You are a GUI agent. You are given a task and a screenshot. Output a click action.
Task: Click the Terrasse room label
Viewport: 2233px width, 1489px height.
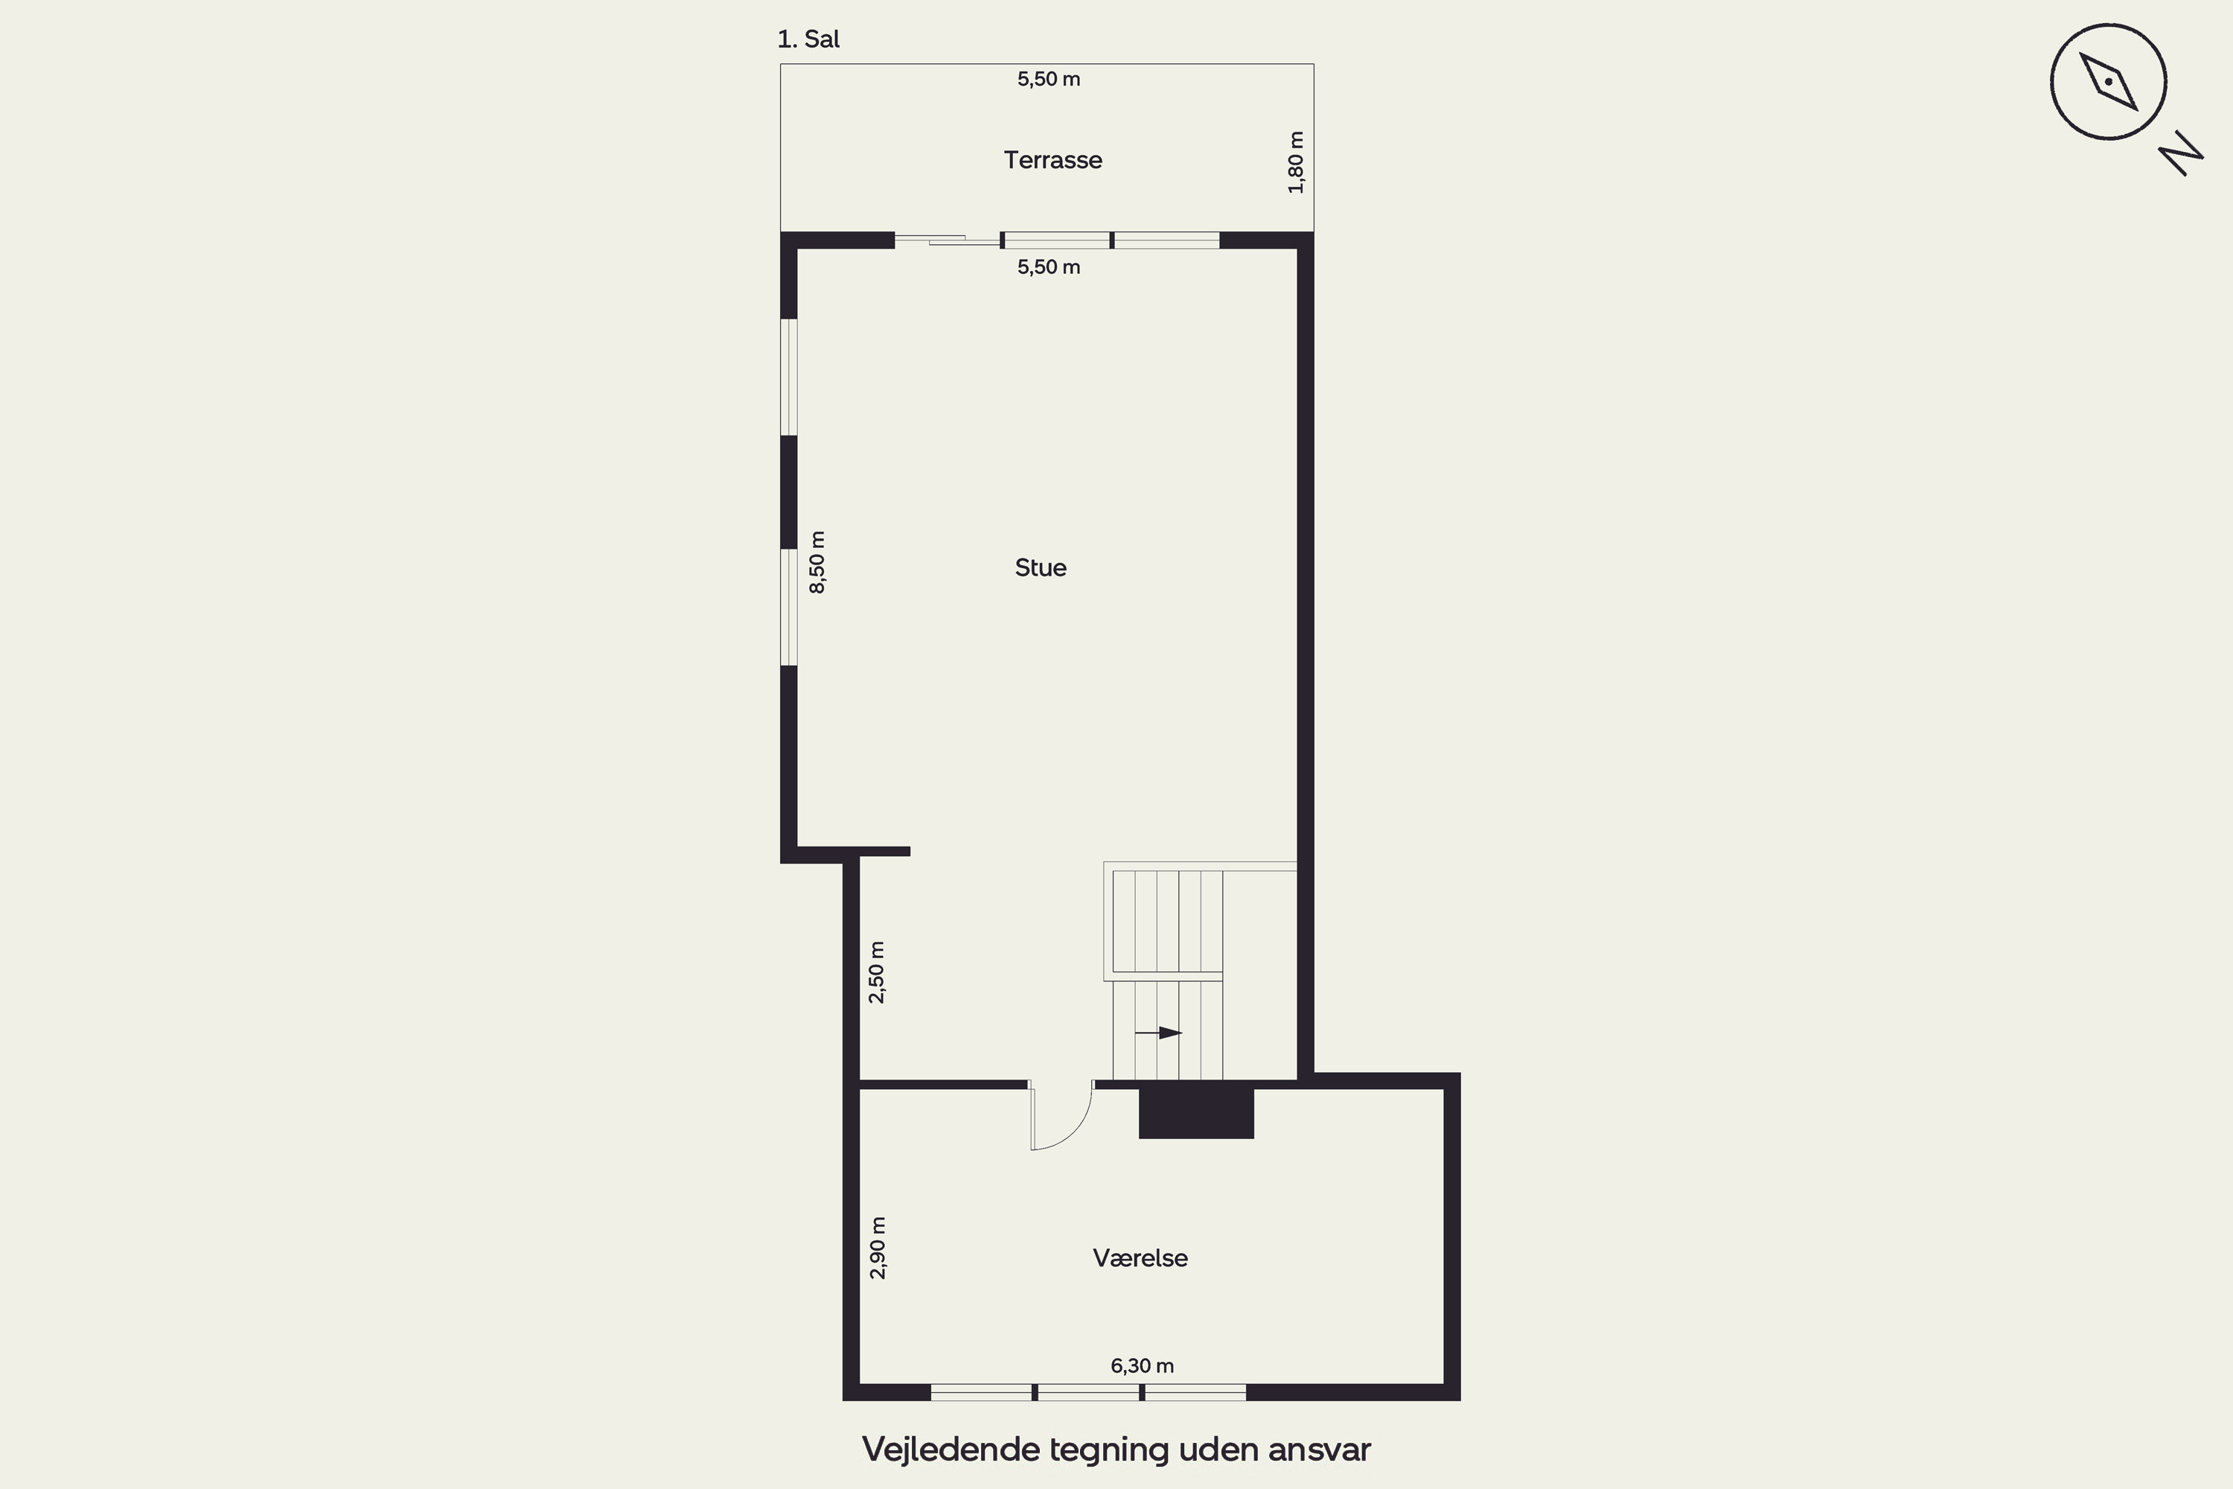[x=1053, y=159]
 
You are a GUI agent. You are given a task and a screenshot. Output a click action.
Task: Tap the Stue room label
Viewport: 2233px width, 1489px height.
[x=1041, y=568]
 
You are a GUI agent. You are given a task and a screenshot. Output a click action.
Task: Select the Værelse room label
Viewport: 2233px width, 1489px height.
[x=1140, y=1258]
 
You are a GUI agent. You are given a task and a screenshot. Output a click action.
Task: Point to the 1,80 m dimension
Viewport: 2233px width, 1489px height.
[x=1296, y=162]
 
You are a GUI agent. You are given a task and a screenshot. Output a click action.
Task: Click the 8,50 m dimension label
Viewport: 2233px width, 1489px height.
[x=817, y=562]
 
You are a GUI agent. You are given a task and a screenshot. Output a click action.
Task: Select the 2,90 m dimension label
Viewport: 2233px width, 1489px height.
[x=878, y=1248]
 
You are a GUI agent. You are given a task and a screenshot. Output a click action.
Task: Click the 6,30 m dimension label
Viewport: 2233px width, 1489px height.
[x=1142, y=1365]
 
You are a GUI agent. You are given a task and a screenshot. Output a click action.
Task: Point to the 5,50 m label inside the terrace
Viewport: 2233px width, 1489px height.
[x=1049, y=79]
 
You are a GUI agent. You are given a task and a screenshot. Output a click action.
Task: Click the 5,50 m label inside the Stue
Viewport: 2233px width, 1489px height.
[x=1049, y=267]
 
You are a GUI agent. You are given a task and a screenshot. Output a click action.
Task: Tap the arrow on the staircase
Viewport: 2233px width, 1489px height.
[x=1158, y=1032]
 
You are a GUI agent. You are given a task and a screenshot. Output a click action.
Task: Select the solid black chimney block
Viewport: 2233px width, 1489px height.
[x=1196, y=1113]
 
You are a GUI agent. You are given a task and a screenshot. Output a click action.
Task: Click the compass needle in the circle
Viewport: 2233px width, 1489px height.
[x=2109, y=82]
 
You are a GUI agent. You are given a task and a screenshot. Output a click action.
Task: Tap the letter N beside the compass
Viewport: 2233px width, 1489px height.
[x=2181, y=154]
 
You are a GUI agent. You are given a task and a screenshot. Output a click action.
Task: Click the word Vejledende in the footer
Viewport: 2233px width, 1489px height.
[x=951, y=1449]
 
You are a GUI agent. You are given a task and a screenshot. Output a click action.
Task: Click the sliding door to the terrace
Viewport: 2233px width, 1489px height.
[x=948, y=240]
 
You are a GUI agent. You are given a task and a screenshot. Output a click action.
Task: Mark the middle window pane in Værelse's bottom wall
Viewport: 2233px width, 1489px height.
[x=1088, y=1392]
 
